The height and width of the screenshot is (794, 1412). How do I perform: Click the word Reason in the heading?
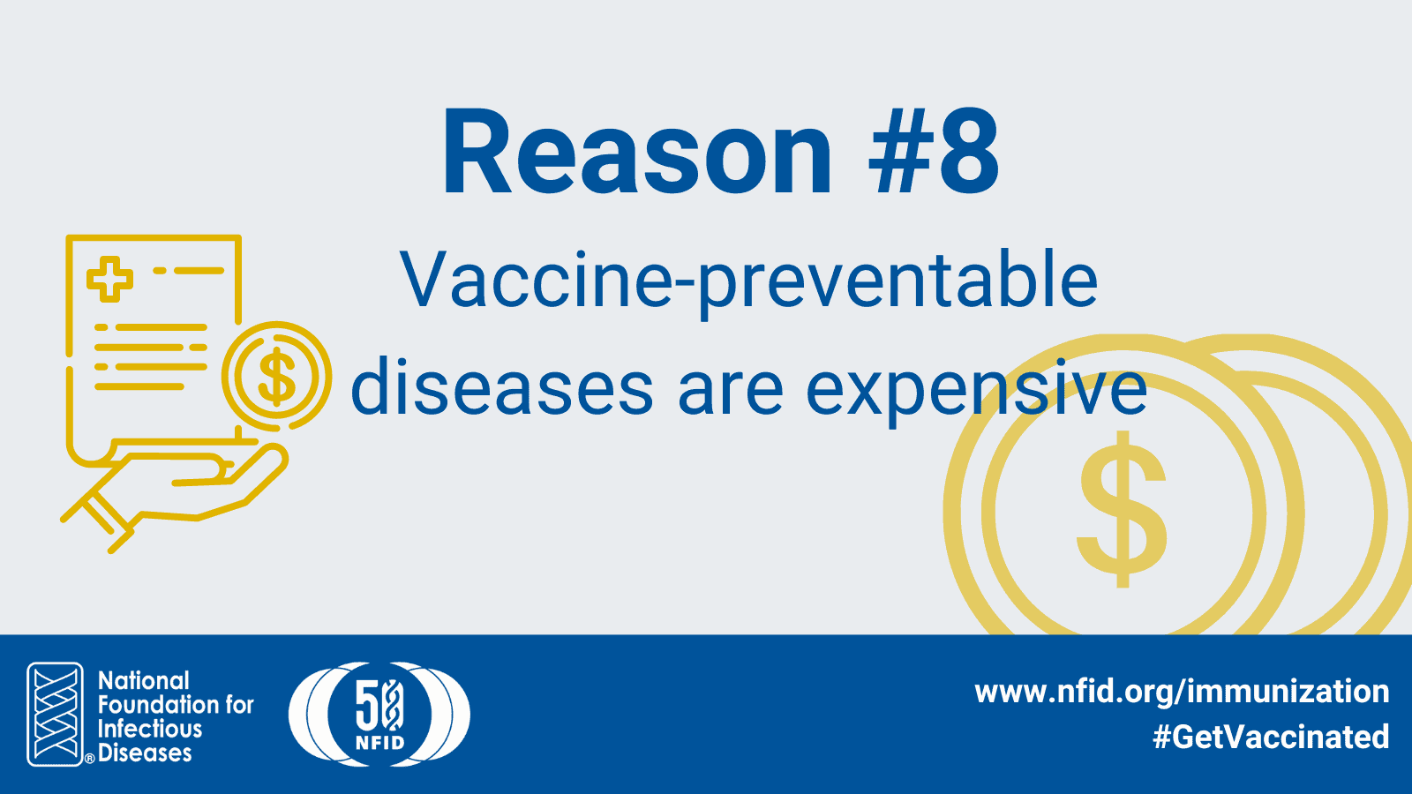pos(636,154)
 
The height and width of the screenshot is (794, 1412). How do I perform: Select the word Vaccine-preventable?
pos(749,283)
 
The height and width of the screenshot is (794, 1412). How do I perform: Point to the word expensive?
pos(976,391)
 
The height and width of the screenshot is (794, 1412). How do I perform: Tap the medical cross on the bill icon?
pos(109,279)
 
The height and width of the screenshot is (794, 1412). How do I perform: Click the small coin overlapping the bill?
pos(277,376)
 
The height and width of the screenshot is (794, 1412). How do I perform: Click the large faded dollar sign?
pos(1122,509)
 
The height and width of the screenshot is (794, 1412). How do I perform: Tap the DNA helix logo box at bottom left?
pos(56,714)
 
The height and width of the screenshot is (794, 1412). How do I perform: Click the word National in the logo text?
pos(143,681)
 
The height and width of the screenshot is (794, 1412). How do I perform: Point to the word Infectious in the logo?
pos(150,729)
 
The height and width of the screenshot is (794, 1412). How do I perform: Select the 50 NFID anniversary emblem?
pos(379,714)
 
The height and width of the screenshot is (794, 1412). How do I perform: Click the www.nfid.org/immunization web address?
pos(1182,692)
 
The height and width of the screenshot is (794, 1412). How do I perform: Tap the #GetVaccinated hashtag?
pos(1271,737)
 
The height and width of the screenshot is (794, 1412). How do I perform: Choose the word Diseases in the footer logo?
pos(145,753)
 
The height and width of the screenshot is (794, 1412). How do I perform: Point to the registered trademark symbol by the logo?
pos(89,759)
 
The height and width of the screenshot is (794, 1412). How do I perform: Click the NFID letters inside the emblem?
pos(379,743)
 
